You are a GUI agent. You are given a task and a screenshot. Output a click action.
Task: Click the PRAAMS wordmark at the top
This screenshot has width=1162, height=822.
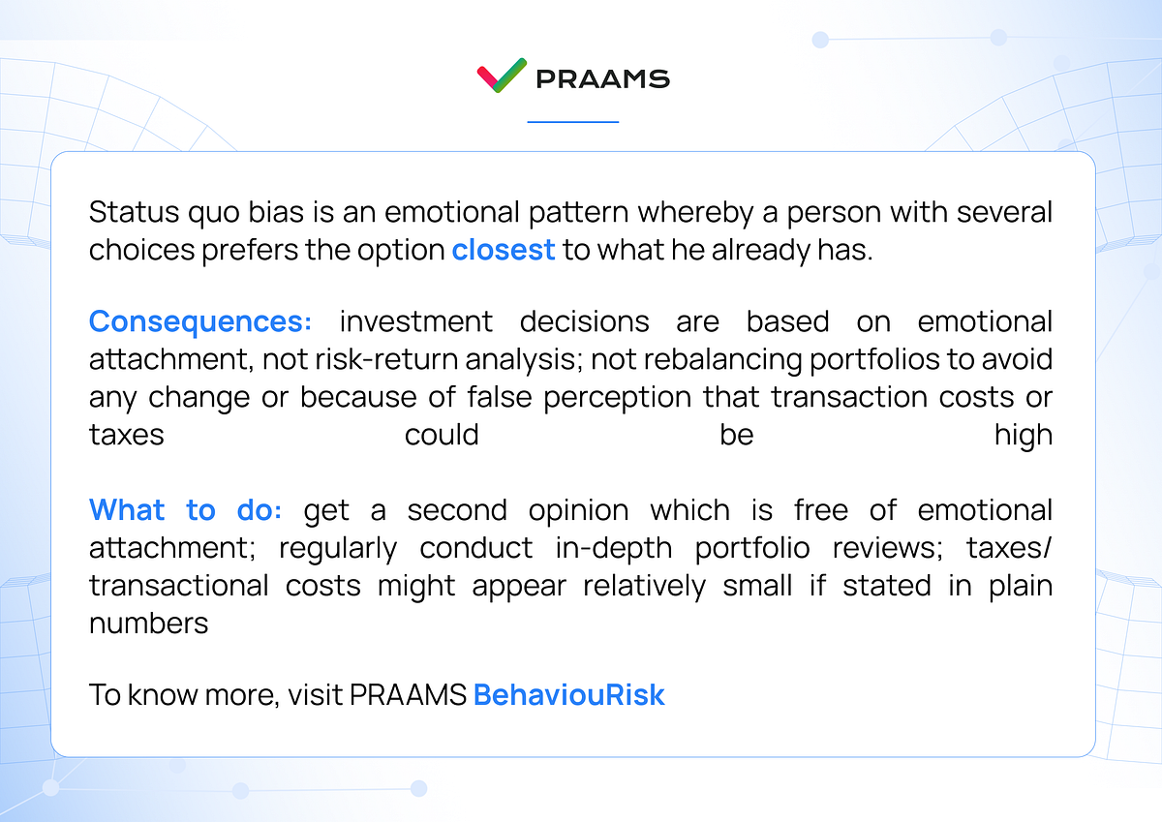click(601, 78)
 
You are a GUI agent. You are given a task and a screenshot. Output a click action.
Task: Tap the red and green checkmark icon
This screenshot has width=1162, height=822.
click(502, 76)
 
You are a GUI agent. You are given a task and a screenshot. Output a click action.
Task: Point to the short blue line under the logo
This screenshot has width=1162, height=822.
click(572, 122)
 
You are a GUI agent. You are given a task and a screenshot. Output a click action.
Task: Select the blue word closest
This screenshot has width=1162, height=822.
click(503, 250)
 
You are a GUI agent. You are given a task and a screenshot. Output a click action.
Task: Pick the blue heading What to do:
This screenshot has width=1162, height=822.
click(185, 510)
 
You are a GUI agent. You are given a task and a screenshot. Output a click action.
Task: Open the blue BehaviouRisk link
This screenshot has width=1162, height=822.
click(568, 695)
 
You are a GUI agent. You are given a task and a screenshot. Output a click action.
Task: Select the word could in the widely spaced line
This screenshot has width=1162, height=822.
click(442, 435)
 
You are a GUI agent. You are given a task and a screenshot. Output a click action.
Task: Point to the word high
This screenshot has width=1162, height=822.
click(1023, 435)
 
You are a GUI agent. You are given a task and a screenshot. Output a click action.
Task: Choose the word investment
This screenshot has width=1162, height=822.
click(415, 321)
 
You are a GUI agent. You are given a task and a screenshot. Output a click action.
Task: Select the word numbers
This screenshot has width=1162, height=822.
click(148, 624)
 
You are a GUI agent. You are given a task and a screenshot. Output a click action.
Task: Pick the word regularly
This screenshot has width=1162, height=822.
click(338, 548)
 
